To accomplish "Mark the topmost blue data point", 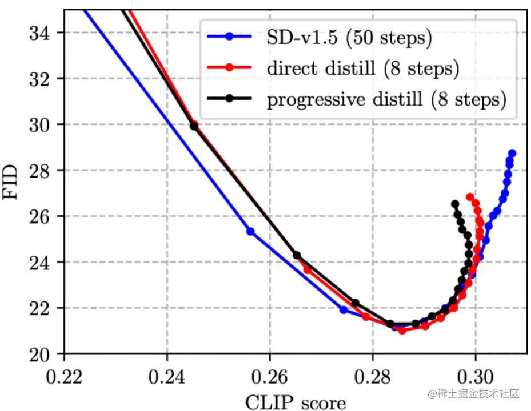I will [512, 153].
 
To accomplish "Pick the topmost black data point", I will [454, 204].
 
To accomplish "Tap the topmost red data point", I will [470, 197].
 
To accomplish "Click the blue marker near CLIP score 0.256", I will [250, 231].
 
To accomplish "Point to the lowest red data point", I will [402, 331].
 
